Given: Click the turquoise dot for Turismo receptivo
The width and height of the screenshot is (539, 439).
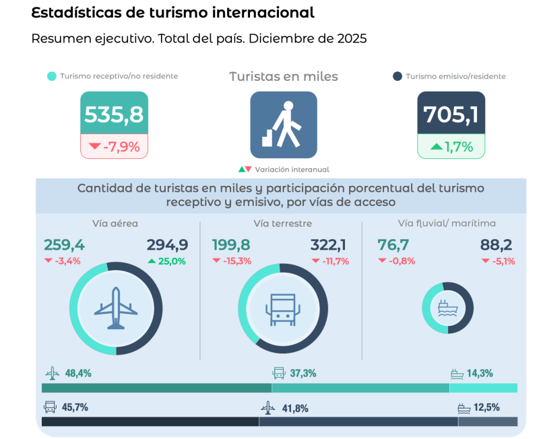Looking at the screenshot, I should (x=51, y=77).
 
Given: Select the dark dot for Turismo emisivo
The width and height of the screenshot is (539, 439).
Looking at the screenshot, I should (x=398, y=77).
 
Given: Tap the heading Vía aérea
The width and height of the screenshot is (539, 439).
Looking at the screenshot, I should (x=115, y=224).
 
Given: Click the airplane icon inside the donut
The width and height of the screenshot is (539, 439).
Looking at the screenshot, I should (x=116, y=308).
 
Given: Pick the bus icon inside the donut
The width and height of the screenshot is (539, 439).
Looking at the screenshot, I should (x=283, y=308).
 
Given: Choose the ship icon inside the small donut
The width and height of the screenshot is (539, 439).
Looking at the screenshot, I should (x=448, y=308).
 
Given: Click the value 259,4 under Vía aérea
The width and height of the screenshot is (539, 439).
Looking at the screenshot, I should (x=64, y=245).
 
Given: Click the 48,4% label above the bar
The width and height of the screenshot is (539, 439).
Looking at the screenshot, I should (x=78, y=373).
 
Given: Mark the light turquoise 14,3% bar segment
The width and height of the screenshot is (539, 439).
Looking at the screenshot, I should (x=483, y=388).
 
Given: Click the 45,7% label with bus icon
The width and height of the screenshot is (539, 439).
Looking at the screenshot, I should (x=75, y=407).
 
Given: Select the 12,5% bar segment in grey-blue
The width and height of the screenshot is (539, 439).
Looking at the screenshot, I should (x=488, y=421).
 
